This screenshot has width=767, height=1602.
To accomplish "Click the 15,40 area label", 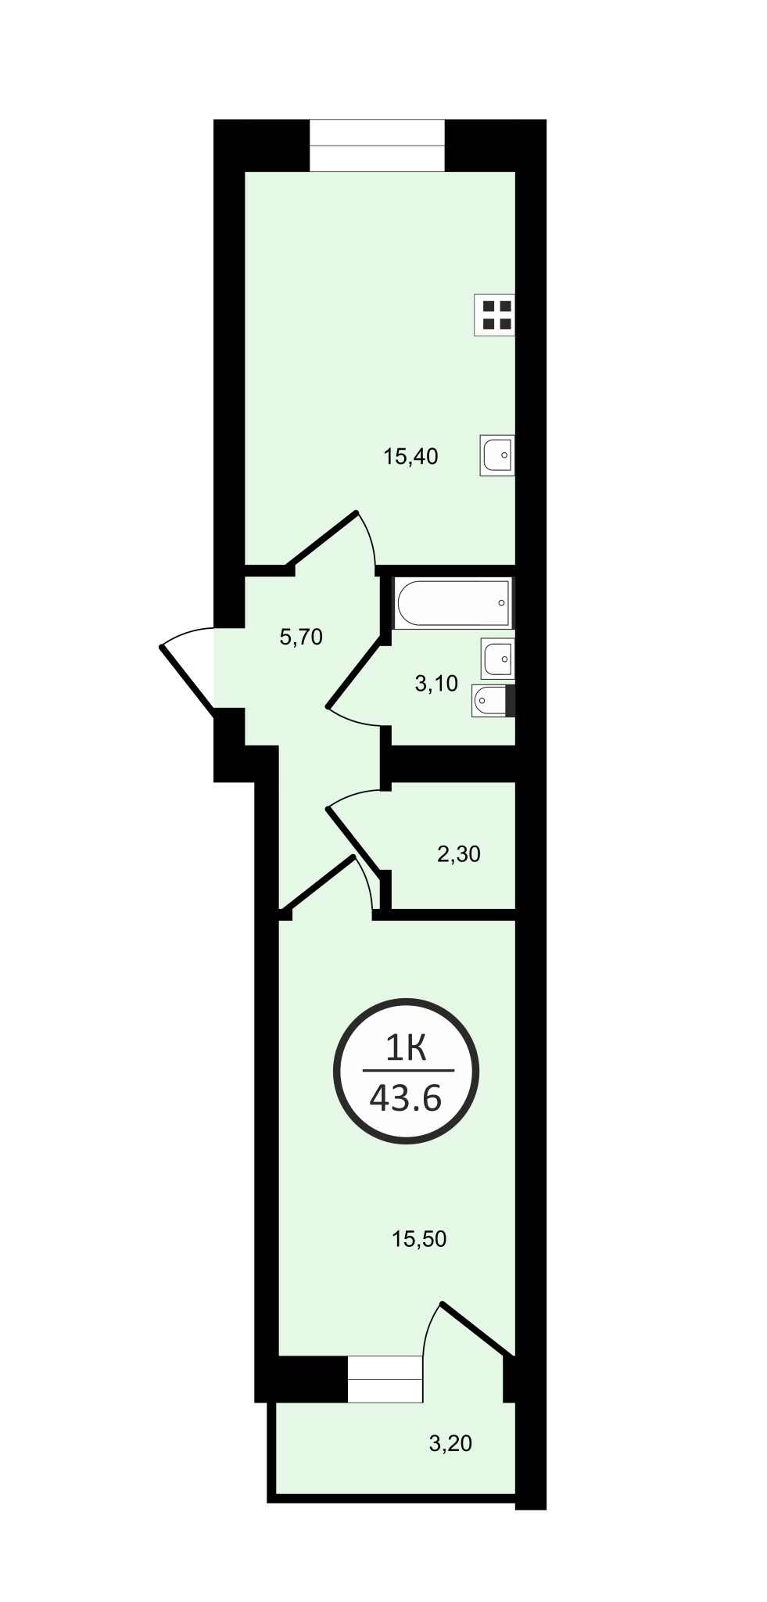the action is [x=410, y=456].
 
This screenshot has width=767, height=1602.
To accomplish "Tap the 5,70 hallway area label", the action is [x=301, y=638].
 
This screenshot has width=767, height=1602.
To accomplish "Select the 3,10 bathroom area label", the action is [x=436, y=684].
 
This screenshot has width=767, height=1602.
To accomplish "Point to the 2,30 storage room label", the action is [x=458, y=854].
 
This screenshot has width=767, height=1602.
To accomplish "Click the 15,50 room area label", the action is [x=419, y=1239].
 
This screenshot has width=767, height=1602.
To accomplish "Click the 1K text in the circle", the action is [x=406, y=1047].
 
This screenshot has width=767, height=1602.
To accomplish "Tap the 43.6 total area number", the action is [x=406, y=1099].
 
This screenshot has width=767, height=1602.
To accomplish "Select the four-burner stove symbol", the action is [x=495, y=314].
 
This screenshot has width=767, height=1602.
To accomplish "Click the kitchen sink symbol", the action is [x=497, y=455].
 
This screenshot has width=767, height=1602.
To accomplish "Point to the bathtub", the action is [x=453, y=602].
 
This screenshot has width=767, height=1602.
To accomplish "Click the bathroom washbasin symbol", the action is [x=499, y=659].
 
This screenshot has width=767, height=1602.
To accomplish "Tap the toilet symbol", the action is [x=494, y=701].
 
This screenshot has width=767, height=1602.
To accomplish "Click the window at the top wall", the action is [x=378, y=145].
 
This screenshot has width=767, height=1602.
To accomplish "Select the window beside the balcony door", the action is [x=385, y=1380].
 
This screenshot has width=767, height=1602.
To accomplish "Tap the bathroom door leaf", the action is [x=357, y=674].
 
